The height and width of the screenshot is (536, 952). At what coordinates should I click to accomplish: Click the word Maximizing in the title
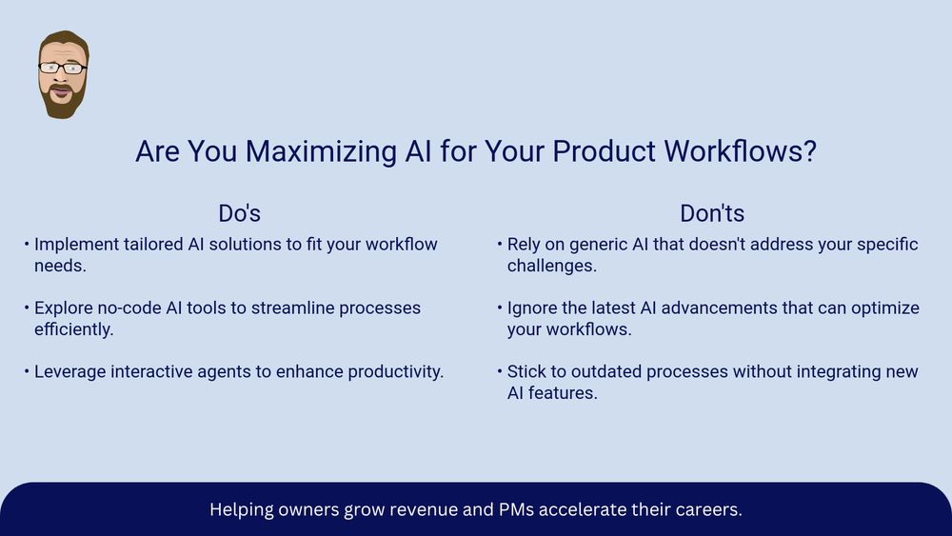point(321,151)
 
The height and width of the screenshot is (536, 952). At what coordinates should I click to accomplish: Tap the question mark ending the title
point(809,150)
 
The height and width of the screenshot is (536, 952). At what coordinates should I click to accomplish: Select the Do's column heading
point(239,213)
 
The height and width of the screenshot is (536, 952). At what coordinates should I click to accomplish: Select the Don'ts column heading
point(711,213)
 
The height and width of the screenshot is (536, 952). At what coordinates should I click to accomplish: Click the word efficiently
point(73,329)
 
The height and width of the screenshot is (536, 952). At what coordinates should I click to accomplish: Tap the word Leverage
point(69,372)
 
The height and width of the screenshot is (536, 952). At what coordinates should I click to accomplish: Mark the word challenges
point(552,266)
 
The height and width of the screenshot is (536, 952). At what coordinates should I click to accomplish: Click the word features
point(563,393)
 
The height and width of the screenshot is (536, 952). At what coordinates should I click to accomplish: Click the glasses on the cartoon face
point(63,68)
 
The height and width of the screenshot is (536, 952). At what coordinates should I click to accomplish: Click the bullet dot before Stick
point(499,371)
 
